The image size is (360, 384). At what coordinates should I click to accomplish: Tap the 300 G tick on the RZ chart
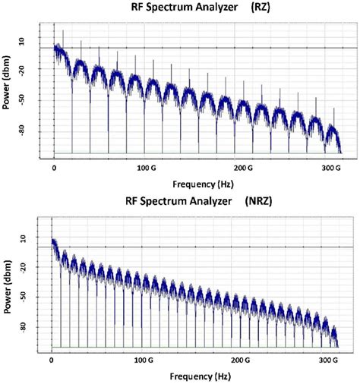[x=333, y=165]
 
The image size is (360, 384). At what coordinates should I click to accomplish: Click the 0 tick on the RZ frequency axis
[x=55, y=165]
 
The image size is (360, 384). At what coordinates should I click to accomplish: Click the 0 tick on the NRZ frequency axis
[x=52, y=359]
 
